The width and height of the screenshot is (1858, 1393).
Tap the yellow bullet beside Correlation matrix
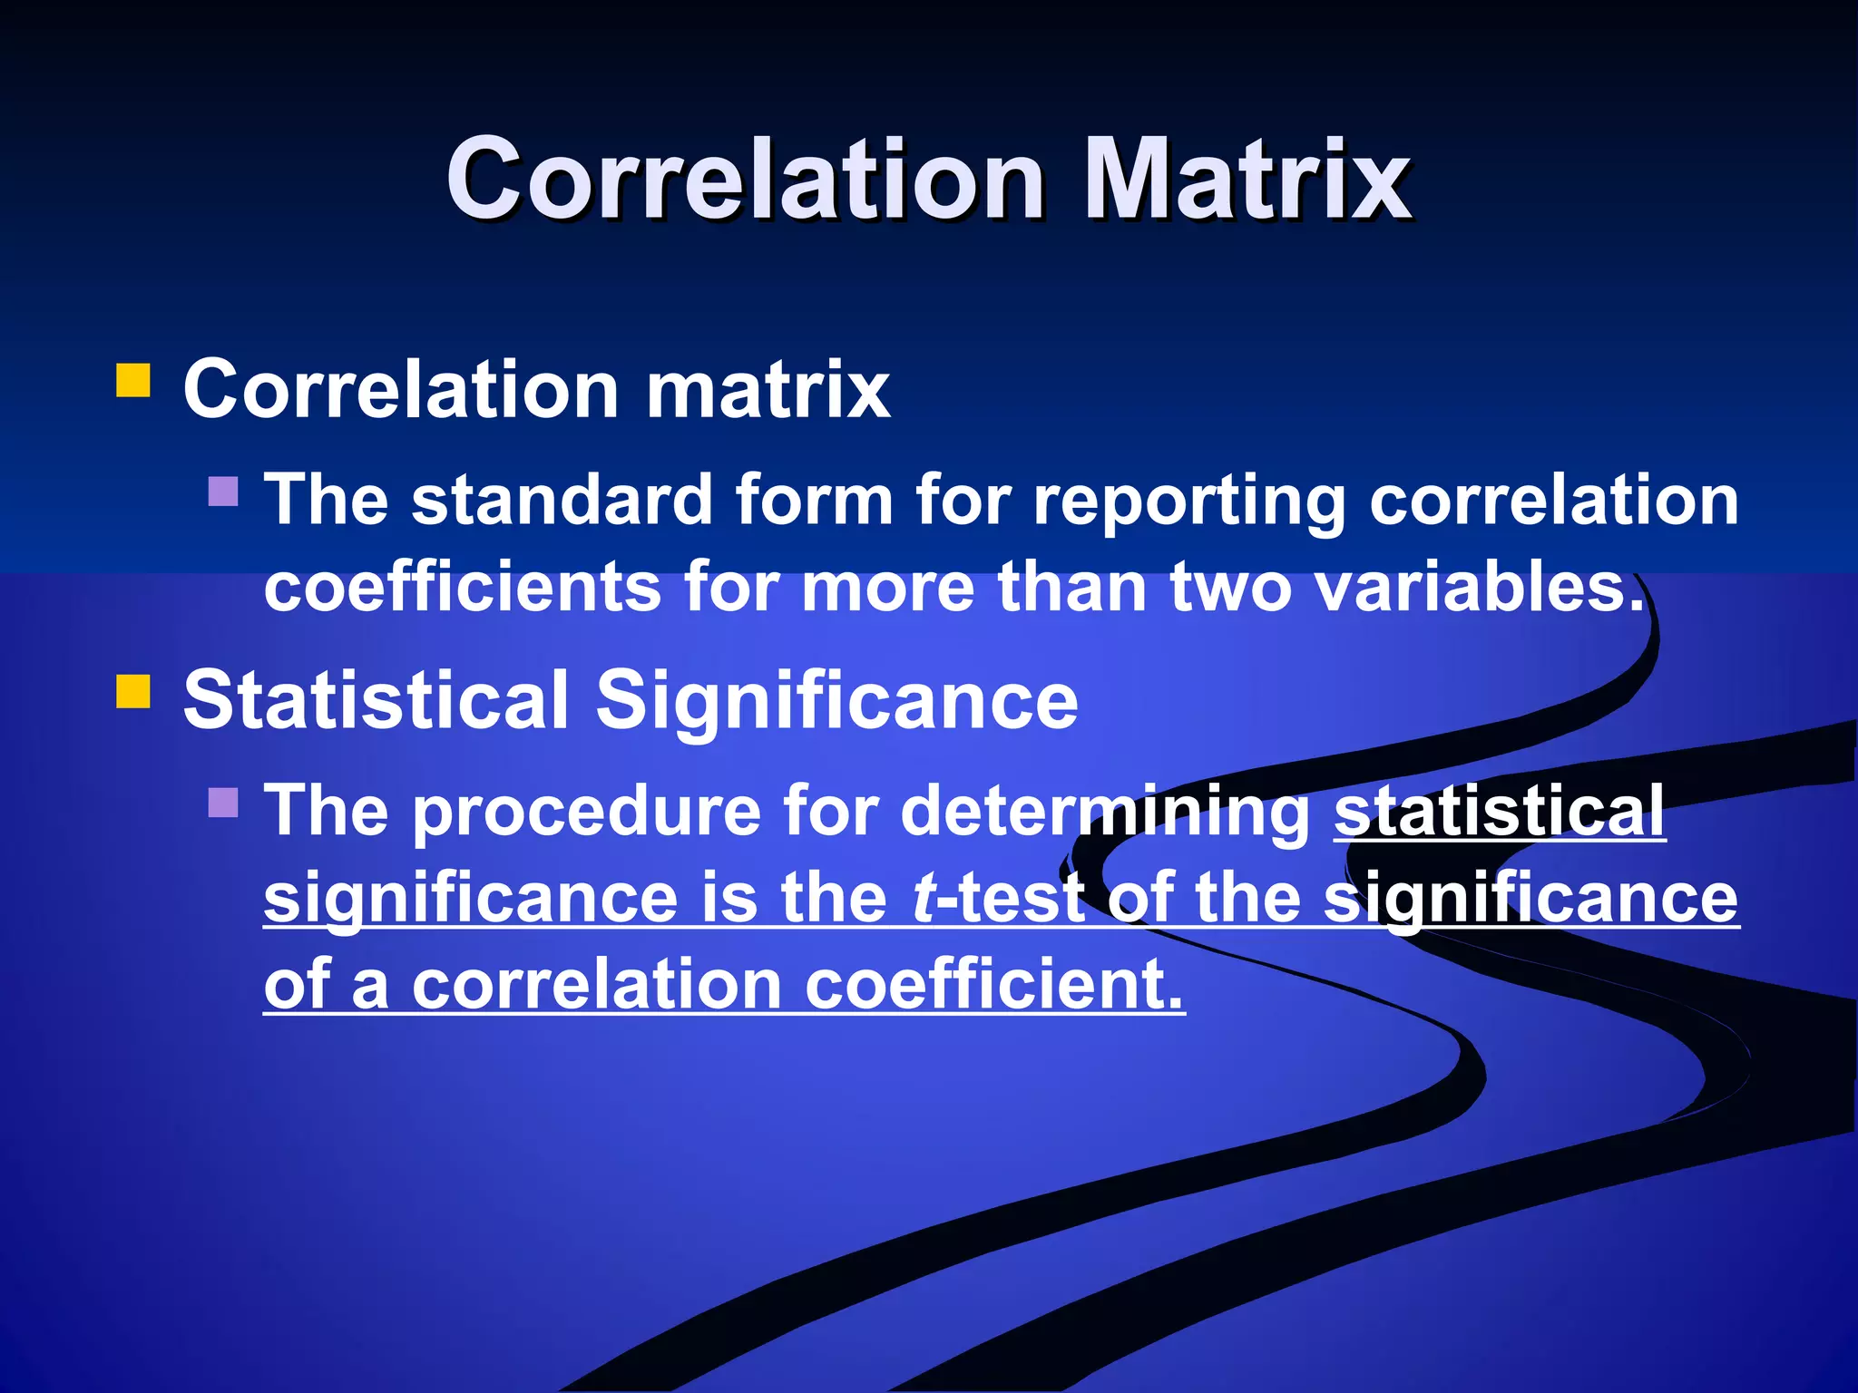tap(132, 381)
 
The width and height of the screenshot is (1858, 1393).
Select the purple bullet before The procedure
tap(223, 802)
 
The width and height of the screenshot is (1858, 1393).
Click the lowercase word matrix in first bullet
tap(768, 390)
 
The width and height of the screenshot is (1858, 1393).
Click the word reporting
tap(1189, 501)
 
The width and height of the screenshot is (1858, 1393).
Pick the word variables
tap(1479, 587)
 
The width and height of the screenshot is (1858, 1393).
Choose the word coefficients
tap(463, 587)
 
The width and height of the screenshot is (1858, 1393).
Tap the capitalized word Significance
tap(836, 700)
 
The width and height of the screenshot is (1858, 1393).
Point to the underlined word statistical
tap(1499, 811)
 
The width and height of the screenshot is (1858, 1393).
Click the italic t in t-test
tap(923, 898)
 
